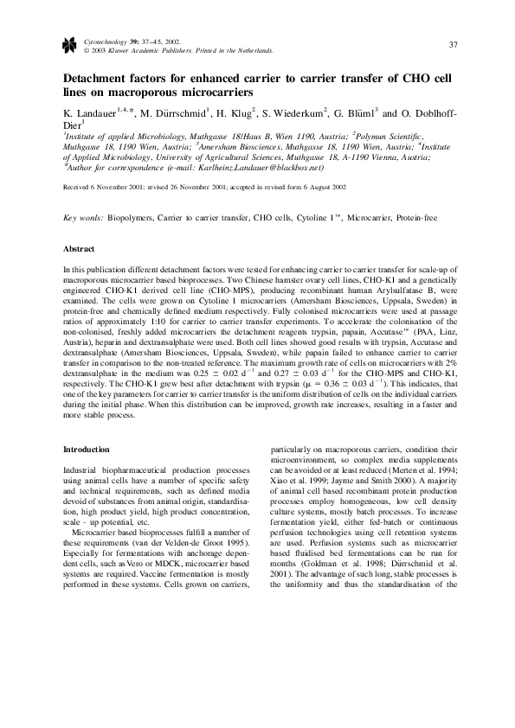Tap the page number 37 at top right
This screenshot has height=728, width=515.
454,44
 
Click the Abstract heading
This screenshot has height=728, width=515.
80,248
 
